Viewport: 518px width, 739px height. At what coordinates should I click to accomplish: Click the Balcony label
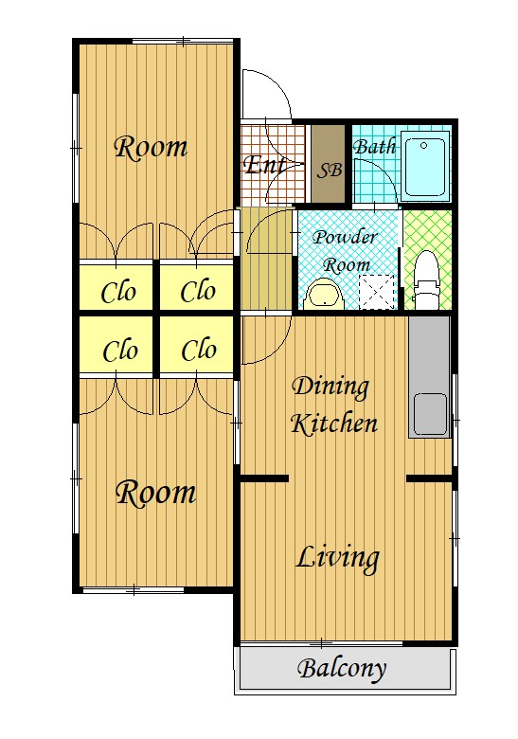click(342, 669)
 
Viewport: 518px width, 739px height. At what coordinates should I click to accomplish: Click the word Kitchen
click(334, 423)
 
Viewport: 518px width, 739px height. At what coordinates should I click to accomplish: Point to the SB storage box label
click(329, 170)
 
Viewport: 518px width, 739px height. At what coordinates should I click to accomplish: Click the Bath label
click(374, 147)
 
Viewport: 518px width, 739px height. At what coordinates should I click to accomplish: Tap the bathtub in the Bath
click(425, 167)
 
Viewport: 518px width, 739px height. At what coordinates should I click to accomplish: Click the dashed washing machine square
click(377, 292)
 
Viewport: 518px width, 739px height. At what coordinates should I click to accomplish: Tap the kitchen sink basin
click(430, 414)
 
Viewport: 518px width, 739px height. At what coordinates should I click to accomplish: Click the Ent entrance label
click(264, 165)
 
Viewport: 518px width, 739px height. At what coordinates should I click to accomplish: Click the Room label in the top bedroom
click(152, 147)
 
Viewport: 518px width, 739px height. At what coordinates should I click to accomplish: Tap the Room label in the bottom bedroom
click(156, 494)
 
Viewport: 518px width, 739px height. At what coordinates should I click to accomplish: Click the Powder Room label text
click(346, 251)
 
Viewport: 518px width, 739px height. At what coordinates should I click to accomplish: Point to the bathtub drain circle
click(424, 146)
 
